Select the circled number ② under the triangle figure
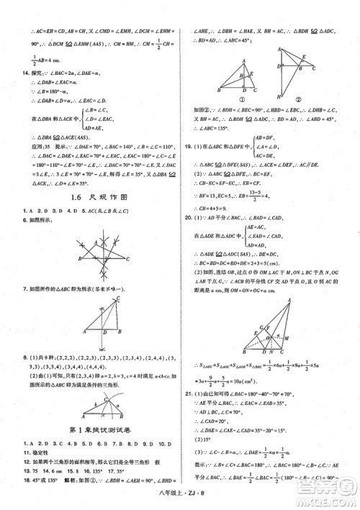pyautogui.click(x=298, y=99)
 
